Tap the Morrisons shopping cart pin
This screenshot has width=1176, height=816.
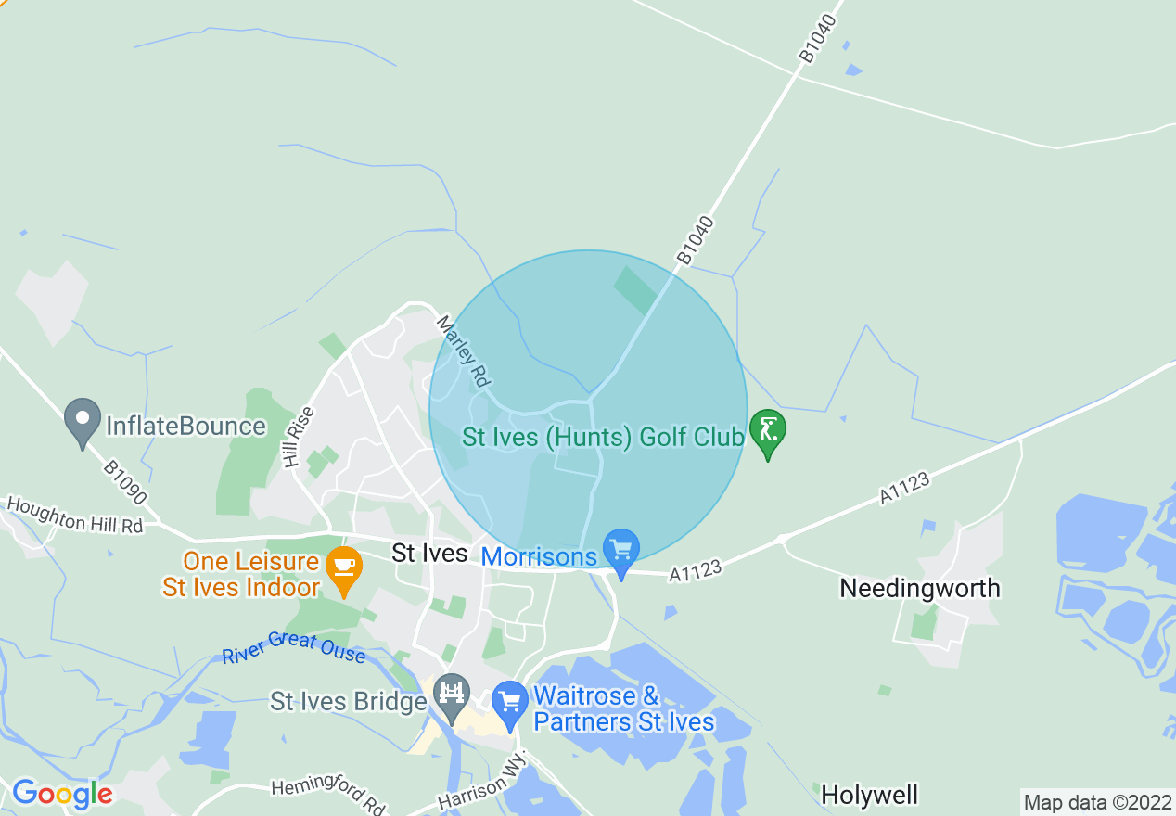[x=620, y=552]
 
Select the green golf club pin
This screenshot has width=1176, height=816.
[x=768, y=432]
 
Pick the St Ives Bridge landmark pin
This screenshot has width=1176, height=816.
[x=453, y=696]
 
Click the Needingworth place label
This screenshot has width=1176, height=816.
[x=919, y=588]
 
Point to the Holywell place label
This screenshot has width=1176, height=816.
[x=869, y=795]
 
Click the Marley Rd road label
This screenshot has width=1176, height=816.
[x=463, y=352]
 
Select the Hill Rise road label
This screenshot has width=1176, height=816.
[x=300, y=438]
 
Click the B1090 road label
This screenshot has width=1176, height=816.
[x=125, y=483]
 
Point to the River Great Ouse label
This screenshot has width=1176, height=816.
[x=293, y=647]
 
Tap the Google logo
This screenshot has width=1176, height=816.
[x=62, y=794]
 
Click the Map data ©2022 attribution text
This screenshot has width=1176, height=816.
[x=1097, y=802]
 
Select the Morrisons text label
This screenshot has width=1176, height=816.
[x=538, y=556]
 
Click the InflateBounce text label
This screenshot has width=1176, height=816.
[x=185, y=427]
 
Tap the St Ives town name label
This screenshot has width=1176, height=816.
[x=429, y=554]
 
